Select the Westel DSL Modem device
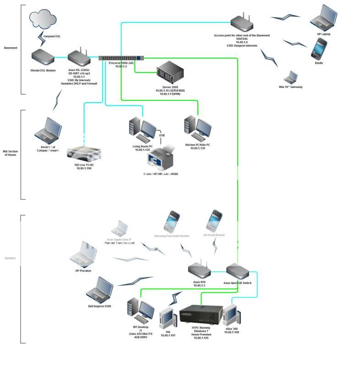click(43, 58)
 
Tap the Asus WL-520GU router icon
click(79, 55)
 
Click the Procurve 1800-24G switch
click(121, 58)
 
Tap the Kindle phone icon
click(319, 49)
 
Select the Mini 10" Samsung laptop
click(291, 77)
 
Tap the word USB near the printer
click(162, 136)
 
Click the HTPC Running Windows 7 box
click(201, 316)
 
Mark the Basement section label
click(11, 48)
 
